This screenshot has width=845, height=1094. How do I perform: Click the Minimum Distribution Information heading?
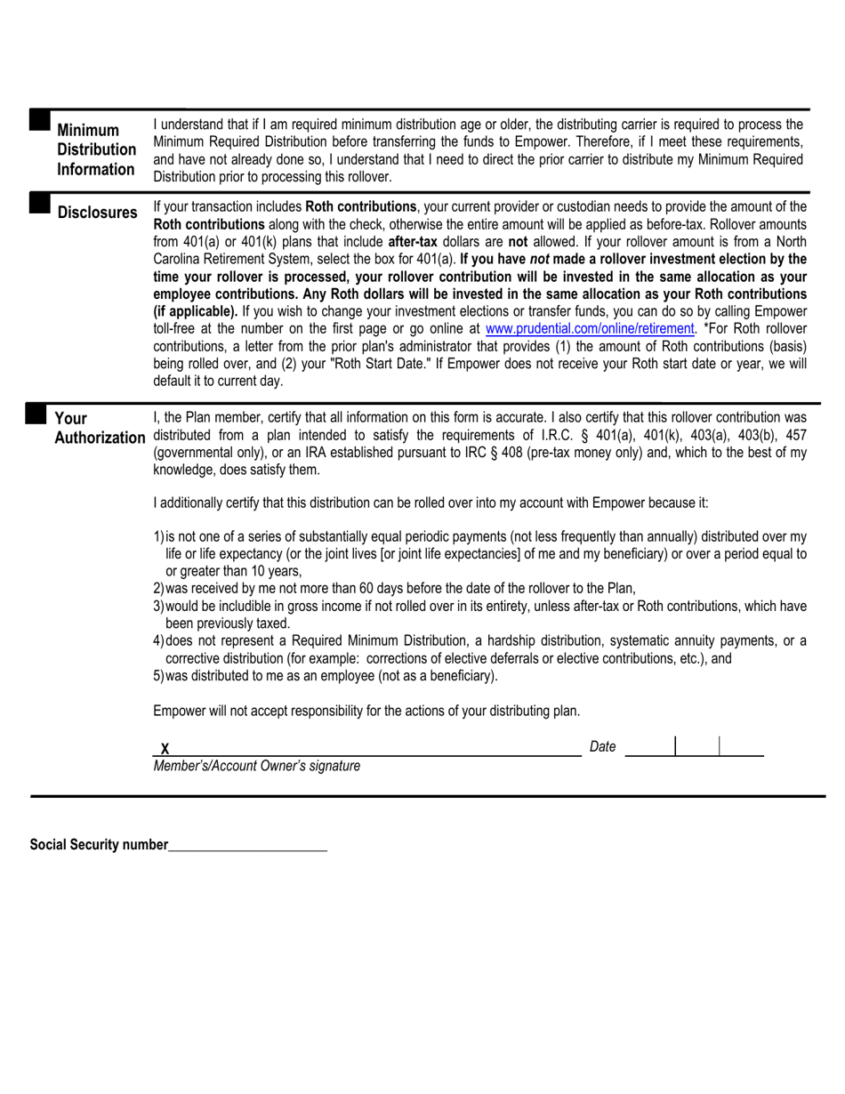(x=96, y=149)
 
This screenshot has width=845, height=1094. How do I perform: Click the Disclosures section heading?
(x=97, y=213)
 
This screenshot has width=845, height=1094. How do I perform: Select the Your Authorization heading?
(x=100, y=428)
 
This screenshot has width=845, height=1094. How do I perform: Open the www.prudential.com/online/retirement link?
(x=589, y=328)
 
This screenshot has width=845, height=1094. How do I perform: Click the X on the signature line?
(x=165, y=749)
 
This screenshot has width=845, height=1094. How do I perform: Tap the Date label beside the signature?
(x=602, y=747)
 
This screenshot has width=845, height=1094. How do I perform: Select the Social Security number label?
(x=99, y=845)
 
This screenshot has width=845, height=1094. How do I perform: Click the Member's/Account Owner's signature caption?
(x=257, y=766)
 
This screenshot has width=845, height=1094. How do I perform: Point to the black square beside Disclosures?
(x=39, y=204)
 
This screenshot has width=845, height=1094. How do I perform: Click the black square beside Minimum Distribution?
(x=39, y=120)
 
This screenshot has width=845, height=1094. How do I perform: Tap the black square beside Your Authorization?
(x=36, y=413)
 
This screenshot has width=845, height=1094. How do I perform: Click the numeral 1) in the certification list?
(x=159, y=536)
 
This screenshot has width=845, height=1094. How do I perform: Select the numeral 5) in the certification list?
(x=159, y=676)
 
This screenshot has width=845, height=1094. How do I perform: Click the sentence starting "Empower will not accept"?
(x=366, y=711)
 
